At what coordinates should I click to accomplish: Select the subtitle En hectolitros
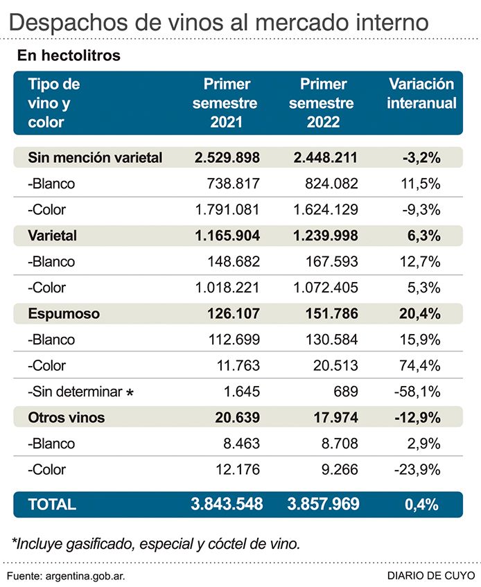point(67,55)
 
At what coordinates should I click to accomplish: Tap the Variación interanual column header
point(421,94)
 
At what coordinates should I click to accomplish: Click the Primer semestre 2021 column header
point(227,103)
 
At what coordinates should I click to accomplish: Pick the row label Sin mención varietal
point(95,157)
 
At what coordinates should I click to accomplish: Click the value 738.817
point(233,184)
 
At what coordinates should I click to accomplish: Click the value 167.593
point(330,262)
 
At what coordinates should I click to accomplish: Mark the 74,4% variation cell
point(422,365)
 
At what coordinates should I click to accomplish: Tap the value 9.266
point(339,469)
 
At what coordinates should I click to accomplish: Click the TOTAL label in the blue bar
point(53,505)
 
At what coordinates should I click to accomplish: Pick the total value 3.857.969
point(323,505)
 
